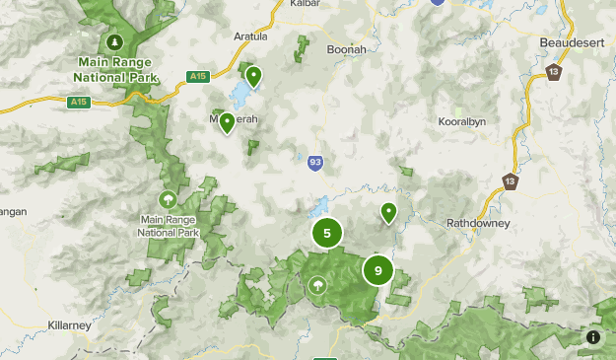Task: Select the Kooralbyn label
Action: pyautogui.click(x=461, y=122)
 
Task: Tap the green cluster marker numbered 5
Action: pyautogui.click(x=327, y=234)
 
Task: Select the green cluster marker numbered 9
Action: pyautogui.click(x=377, y=270)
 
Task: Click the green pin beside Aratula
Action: pyautogui.click(x=253, y=75)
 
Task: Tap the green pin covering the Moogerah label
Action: pyautogui.click(x=227, y=122)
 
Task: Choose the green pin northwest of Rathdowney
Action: pyautogui.click(x=388, y=211)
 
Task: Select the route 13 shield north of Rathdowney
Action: pyautogui.click(x=510, y=180)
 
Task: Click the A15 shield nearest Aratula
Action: pyautogui.click(x=198, y=76)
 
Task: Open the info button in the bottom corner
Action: pyautogui.click(x=593, y=337)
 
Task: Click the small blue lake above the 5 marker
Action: pyautogui.click(x=319, y=207)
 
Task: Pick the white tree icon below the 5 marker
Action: pyautogui.click(x=318, y=286)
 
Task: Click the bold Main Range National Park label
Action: pyautogui.click(x=116, y=68)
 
